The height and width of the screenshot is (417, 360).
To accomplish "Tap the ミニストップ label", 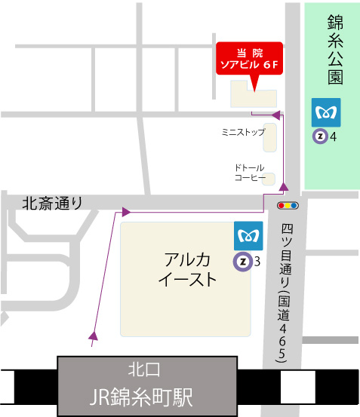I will click(x=243, y=132).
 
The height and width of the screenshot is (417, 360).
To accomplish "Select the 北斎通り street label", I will click(x=51, y=202).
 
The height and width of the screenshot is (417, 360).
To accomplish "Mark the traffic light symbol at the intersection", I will click(x=288, y=204).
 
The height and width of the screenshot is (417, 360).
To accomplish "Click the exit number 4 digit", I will click(x=334, y=137).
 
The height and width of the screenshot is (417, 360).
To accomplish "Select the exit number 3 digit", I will click(x=257, y=262).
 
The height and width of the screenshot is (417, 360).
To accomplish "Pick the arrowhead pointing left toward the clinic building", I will click(x=276, y=115).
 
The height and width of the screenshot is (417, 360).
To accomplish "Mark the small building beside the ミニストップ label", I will click(x=269, y=137).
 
